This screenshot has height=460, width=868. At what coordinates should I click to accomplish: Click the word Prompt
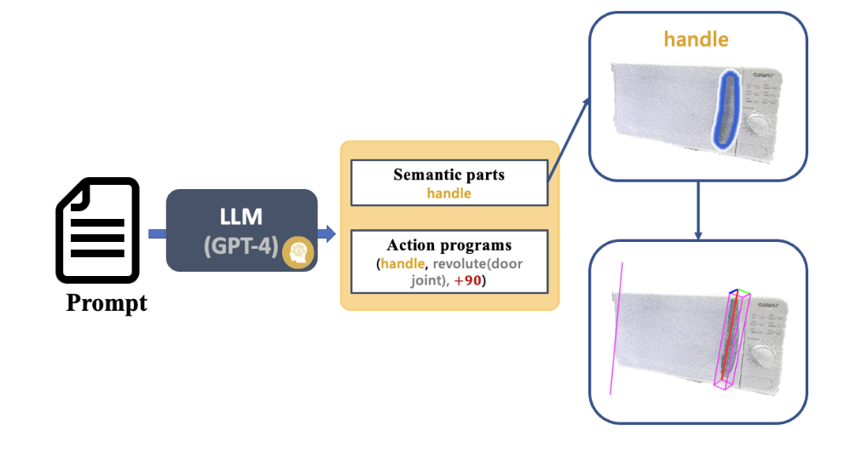click(107, 302)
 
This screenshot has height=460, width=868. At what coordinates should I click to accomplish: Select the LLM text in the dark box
click(240, 218)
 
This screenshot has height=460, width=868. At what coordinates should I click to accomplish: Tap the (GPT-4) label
click(240, 246)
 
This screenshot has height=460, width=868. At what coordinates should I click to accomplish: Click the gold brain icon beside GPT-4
click(298, 251)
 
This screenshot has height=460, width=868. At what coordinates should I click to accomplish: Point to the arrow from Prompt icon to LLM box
click(156, 233)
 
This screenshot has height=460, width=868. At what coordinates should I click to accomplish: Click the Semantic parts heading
click(448, 175)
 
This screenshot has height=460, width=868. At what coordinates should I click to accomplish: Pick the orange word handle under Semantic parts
click(448, 193)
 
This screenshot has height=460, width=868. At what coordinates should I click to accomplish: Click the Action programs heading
click(448, 245)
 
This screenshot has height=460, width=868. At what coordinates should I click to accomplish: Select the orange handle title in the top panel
click(697, 39)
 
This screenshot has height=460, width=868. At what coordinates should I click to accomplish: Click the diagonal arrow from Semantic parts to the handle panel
click(569, 139)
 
